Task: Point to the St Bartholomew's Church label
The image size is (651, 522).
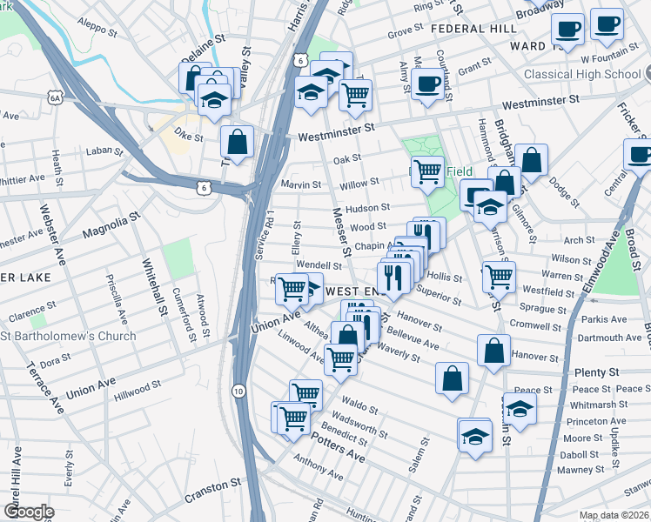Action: point(69,336)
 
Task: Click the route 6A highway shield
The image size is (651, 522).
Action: point(56,99)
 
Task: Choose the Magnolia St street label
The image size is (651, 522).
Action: point(111,223)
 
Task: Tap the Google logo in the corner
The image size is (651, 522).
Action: point(29,512)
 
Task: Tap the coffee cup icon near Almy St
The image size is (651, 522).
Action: point(426,84)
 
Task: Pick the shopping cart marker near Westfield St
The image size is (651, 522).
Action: point(499,277)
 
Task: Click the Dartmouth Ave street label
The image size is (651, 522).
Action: point(609,338)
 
